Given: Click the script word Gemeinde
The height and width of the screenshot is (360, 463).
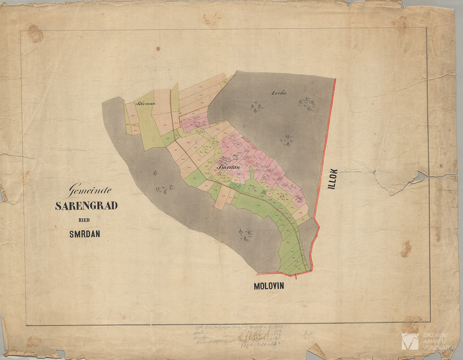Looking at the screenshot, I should pyautogui.click(x=90, y=190).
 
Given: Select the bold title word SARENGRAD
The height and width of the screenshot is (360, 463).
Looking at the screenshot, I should pyautogui.click(x=86, y=206).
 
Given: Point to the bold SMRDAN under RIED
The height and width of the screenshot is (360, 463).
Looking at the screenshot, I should pyautogui.click(x=84, y=234).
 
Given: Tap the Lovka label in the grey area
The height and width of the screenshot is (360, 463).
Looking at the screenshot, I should pyautogui.click(x=279, y=93).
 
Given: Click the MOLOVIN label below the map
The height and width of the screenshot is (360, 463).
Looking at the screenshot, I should pyautogui.click(x=269, y=286).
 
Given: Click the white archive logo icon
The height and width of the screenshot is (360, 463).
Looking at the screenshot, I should pyautogui.click(x=410, y=341).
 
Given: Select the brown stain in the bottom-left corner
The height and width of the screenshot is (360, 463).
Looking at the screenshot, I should pyautogui.click(x=34, y=342).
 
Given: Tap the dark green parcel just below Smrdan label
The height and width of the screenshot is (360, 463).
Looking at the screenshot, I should pyautogui.click(x=235, y=185).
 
